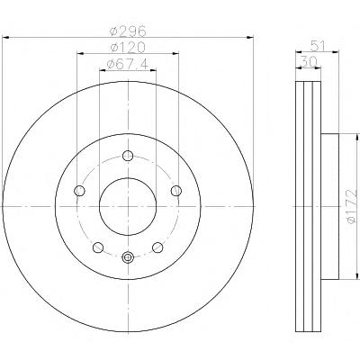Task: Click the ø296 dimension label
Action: tap(128, 31)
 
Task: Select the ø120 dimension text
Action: tap(128, 47)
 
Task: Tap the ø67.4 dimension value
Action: tap(128, 64)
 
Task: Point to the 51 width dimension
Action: tap(318, 46)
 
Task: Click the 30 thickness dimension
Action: tap(309, 62)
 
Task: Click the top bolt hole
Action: tap(128, 156)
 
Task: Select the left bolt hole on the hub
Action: tap(79, 191)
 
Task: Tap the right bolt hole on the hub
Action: tap(176, 191)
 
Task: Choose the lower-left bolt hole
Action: tap(98, 247)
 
